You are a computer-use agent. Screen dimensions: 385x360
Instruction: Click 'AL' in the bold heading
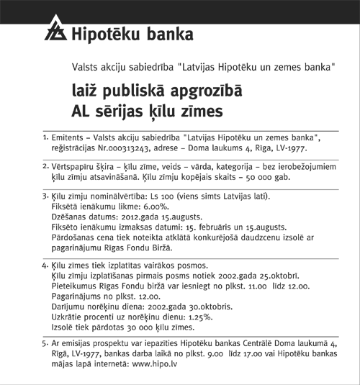(81, 112)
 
